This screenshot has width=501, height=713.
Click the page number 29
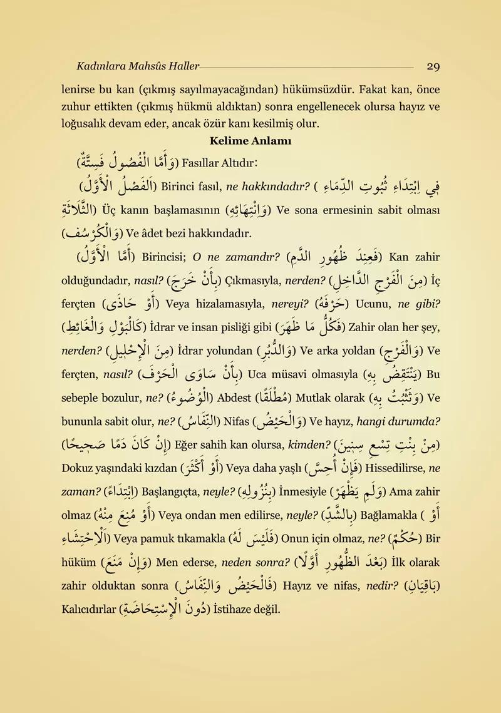[x=433, y=66]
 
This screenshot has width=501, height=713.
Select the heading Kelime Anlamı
[x=250, y=141]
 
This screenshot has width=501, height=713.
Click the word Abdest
[x=235, y=398]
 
